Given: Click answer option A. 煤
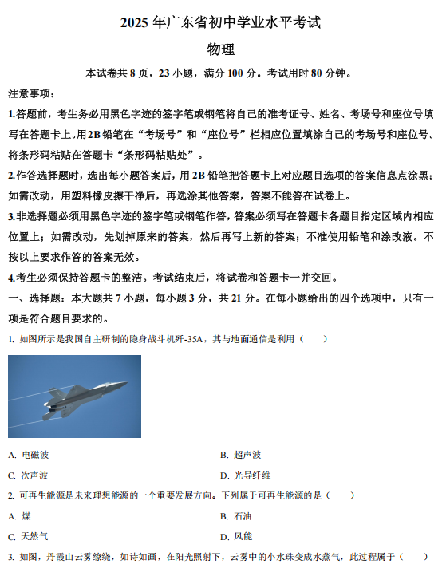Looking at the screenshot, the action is (20, 516).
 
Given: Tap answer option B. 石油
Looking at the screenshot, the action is (236, 516).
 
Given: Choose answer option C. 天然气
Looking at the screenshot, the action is (29, 537).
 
